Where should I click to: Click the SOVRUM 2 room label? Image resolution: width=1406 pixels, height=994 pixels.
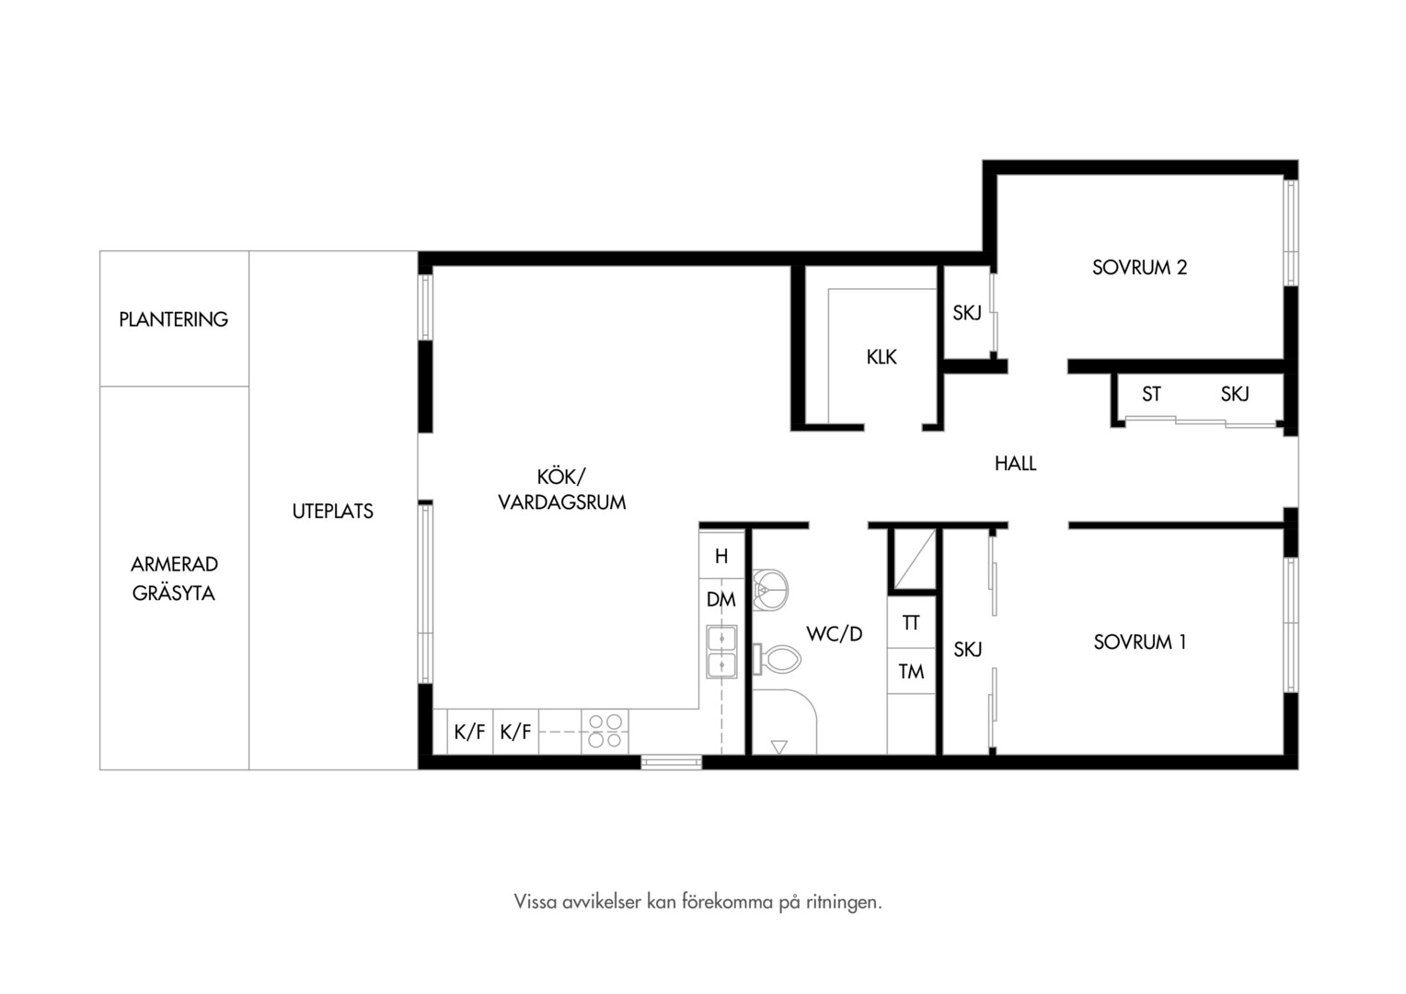1140,268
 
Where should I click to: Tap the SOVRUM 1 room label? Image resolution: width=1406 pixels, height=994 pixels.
1140,641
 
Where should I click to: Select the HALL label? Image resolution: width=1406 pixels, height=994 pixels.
1015,463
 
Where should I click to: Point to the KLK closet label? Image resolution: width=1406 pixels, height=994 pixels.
882,357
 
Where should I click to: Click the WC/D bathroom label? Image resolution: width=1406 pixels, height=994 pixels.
835,633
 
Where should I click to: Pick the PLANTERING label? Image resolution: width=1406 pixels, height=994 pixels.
173,319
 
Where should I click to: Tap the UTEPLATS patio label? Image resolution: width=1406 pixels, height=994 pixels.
333,511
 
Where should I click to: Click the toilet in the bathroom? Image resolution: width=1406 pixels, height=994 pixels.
777,659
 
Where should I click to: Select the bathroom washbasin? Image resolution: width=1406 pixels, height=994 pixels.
770,590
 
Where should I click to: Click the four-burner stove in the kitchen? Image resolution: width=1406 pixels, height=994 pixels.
605,731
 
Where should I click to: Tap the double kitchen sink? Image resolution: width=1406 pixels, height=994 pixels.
721,651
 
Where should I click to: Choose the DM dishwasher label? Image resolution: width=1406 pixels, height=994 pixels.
721,600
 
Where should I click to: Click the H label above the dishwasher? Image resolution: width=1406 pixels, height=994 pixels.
721,556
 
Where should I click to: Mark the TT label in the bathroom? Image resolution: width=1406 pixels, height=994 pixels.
911,623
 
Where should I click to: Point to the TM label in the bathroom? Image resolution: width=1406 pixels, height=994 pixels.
911,672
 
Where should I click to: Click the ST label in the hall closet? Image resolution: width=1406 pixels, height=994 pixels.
1151,394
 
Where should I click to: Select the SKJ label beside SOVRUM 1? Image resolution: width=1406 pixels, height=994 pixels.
967,649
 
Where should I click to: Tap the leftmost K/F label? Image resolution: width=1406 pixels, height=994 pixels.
469,732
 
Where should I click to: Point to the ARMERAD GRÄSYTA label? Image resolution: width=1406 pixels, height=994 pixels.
174,578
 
